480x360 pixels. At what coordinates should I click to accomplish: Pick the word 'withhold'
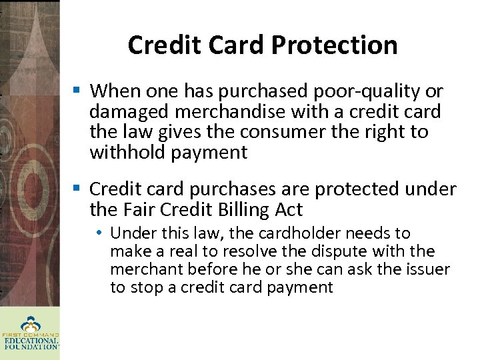(x=127, y=153)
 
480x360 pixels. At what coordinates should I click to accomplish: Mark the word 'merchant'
(x=142, y=269)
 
